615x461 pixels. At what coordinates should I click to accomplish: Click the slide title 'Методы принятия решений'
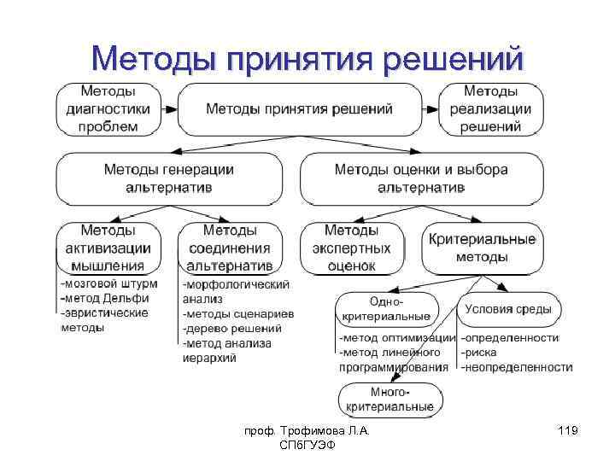click(307, 59)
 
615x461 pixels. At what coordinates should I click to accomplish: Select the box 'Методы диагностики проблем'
click(108, 109)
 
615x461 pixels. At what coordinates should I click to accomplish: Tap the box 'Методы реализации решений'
click(491, 109)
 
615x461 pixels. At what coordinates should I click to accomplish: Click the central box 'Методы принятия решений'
click(299, 109)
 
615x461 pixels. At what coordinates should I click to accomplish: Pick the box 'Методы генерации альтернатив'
click(168, 178)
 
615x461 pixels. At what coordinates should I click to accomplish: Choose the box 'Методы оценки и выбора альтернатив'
click(421, 178)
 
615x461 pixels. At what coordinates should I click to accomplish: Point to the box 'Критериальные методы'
click(482, 248)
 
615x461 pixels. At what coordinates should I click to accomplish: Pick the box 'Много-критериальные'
click(389, 400)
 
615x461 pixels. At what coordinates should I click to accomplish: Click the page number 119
click(567, 432)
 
